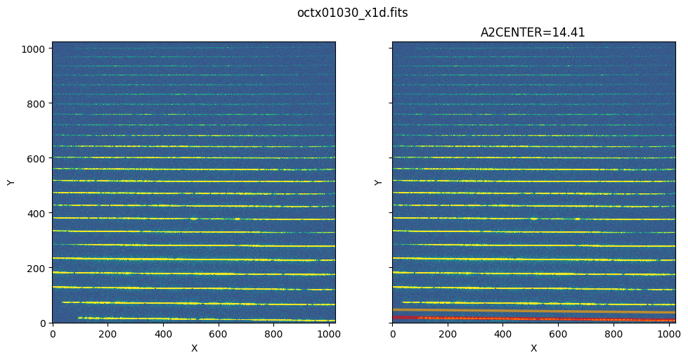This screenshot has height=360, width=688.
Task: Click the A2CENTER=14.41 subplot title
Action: pos(533,32)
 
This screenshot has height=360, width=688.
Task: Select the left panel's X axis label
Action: pos(194,348)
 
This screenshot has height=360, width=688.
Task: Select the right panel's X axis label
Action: pos(533,348)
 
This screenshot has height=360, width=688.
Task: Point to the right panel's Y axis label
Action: pos(379,182)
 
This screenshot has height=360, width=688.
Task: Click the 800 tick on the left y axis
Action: pos(39,103)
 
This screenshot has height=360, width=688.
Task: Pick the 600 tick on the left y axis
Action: pos(39,158)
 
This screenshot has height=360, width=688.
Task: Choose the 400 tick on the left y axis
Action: pos(39,213)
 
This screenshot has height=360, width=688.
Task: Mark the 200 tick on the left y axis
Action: pos(39,268)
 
